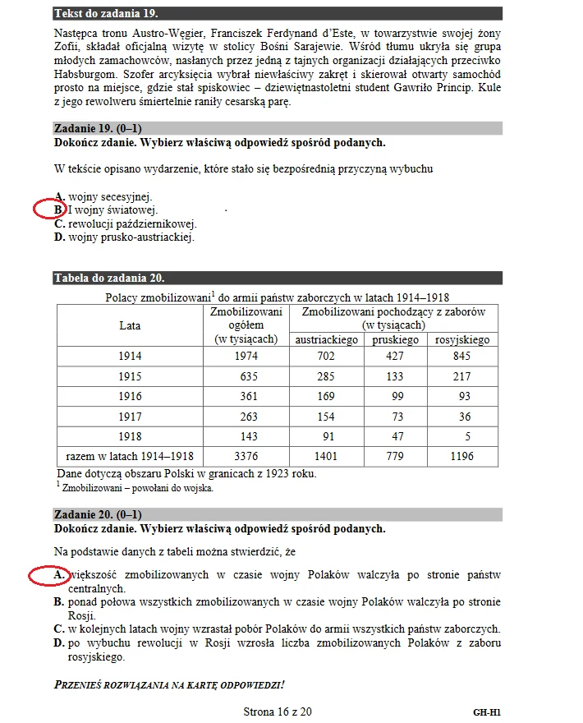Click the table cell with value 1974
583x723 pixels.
click(x=246, y=357)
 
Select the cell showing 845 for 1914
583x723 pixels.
click(x=461, y=357)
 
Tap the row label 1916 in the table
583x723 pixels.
click(x=130, y=396)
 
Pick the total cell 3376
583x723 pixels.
click(x=246, y=456)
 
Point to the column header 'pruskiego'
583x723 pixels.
click(x=395, y=339)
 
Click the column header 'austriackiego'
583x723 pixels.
click(x=327, y=339)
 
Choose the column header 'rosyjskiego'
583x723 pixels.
click(x=461, y=339)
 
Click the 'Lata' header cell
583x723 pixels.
click(x=130, y=325)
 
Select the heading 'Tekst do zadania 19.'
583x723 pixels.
click(x=106, y=14)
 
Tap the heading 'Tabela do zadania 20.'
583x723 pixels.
click(x=108, y=278)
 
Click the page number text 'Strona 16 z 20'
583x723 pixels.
click(x=278, y=711)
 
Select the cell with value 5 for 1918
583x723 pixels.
click(x=461, y=436)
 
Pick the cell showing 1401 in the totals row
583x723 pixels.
click(x=327, y=456)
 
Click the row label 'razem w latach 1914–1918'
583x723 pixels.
click(x=130, y=456)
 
